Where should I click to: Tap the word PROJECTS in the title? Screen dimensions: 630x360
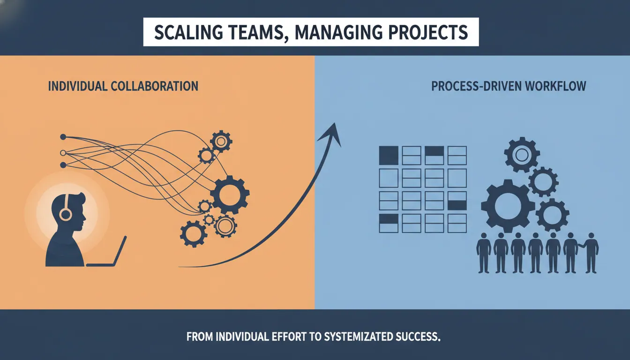428,32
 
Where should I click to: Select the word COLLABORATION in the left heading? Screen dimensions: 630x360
155,86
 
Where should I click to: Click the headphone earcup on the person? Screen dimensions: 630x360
66,215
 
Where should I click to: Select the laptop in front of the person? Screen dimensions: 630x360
106,252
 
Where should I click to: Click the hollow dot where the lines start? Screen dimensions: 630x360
63,153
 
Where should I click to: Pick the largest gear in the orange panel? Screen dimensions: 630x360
230,195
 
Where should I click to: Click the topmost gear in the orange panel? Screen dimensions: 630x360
221,141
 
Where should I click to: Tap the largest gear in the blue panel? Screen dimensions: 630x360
508,206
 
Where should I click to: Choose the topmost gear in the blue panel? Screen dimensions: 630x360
522,155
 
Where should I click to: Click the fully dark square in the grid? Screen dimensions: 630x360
389,155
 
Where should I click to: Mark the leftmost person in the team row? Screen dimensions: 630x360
484,253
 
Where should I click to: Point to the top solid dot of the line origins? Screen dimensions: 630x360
63,137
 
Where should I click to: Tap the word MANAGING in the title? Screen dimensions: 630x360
335,32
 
